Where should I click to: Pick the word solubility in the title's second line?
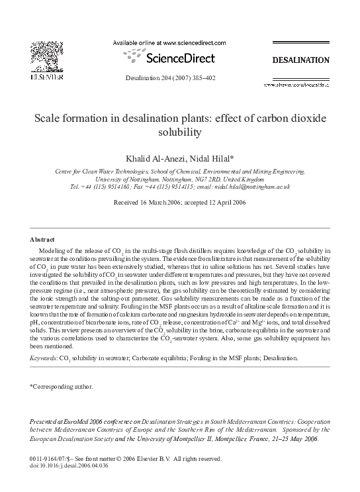179,132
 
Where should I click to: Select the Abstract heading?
42,238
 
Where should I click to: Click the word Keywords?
44,358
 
